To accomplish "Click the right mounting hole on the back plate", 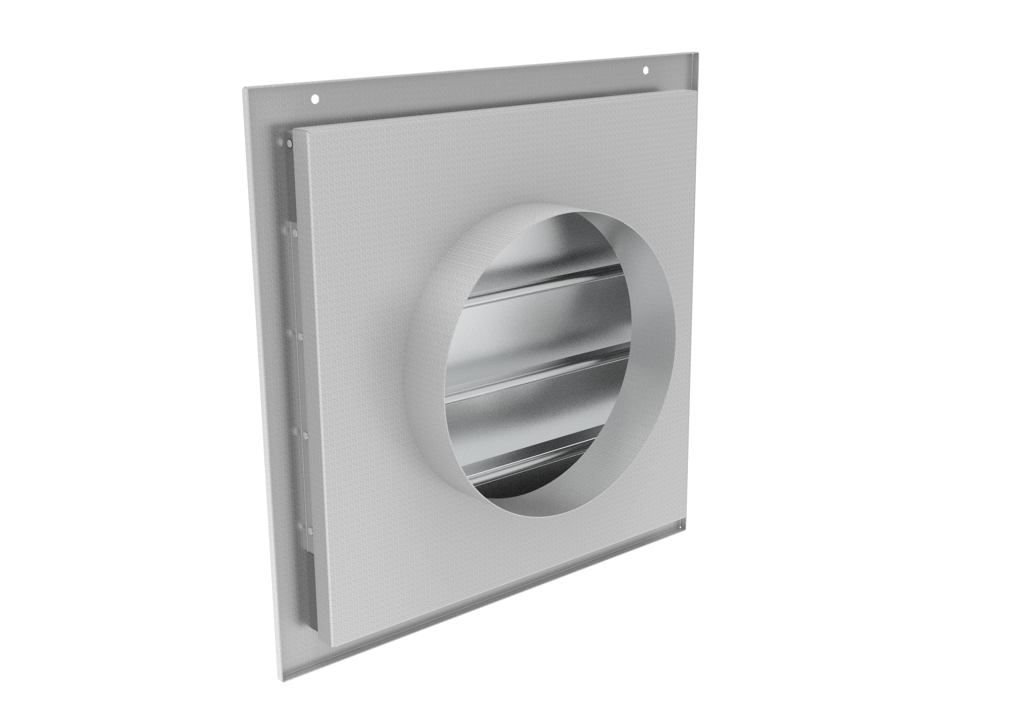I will (646, 70).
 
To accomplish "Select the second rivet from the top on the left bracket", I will (294, 233).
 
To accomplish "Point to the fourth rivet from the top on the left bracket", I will (305, 435).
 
